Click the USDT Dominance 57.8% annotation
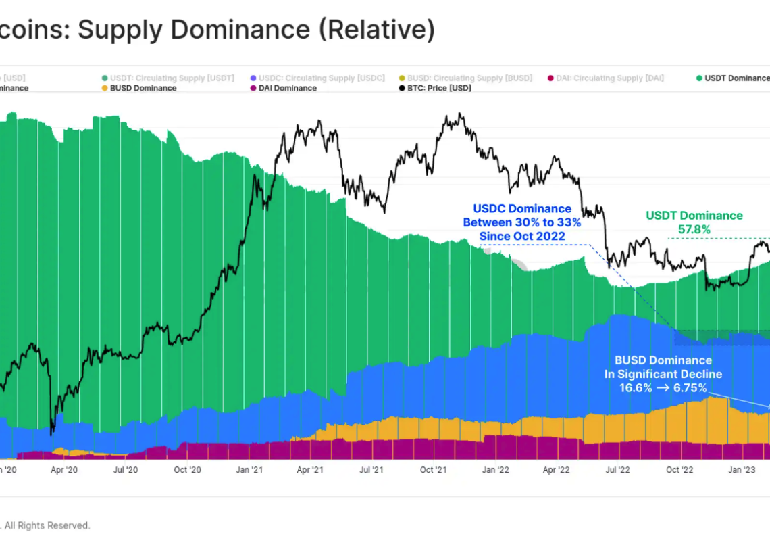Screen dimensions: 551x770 pyautogui.click(x=694, y=222)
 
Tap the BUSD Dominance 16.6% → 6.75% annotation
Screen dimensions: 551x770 pyautogui.click(x=663, y=374)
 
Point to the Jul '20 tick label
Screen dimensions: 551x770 pyautogui.click(x=126, y=470)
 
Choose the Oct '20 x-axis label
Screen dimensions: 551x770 pyautogui.click(x=187, y=470)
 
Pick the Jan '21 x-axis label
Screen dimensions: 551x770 pyautogui.click(x=249, y=470)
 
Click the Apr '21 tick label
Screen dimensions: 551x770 pyautogui.click(x=309, y=470)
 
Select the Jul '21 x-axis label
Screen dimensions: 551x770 pyautogui.click(x=371, y=470)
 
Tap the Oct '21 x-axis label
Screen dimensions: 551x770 pyautogui.click(x=433, y=470)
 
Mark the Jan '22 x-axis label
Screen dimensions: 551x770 pyautogui.click(x=495, y=470)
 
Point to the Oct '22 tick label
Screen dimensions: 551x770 pyautogui.click(x=679, y=470)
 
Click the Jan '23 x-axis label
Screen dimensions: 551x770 pyautogui.click(x=741, y=470)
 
